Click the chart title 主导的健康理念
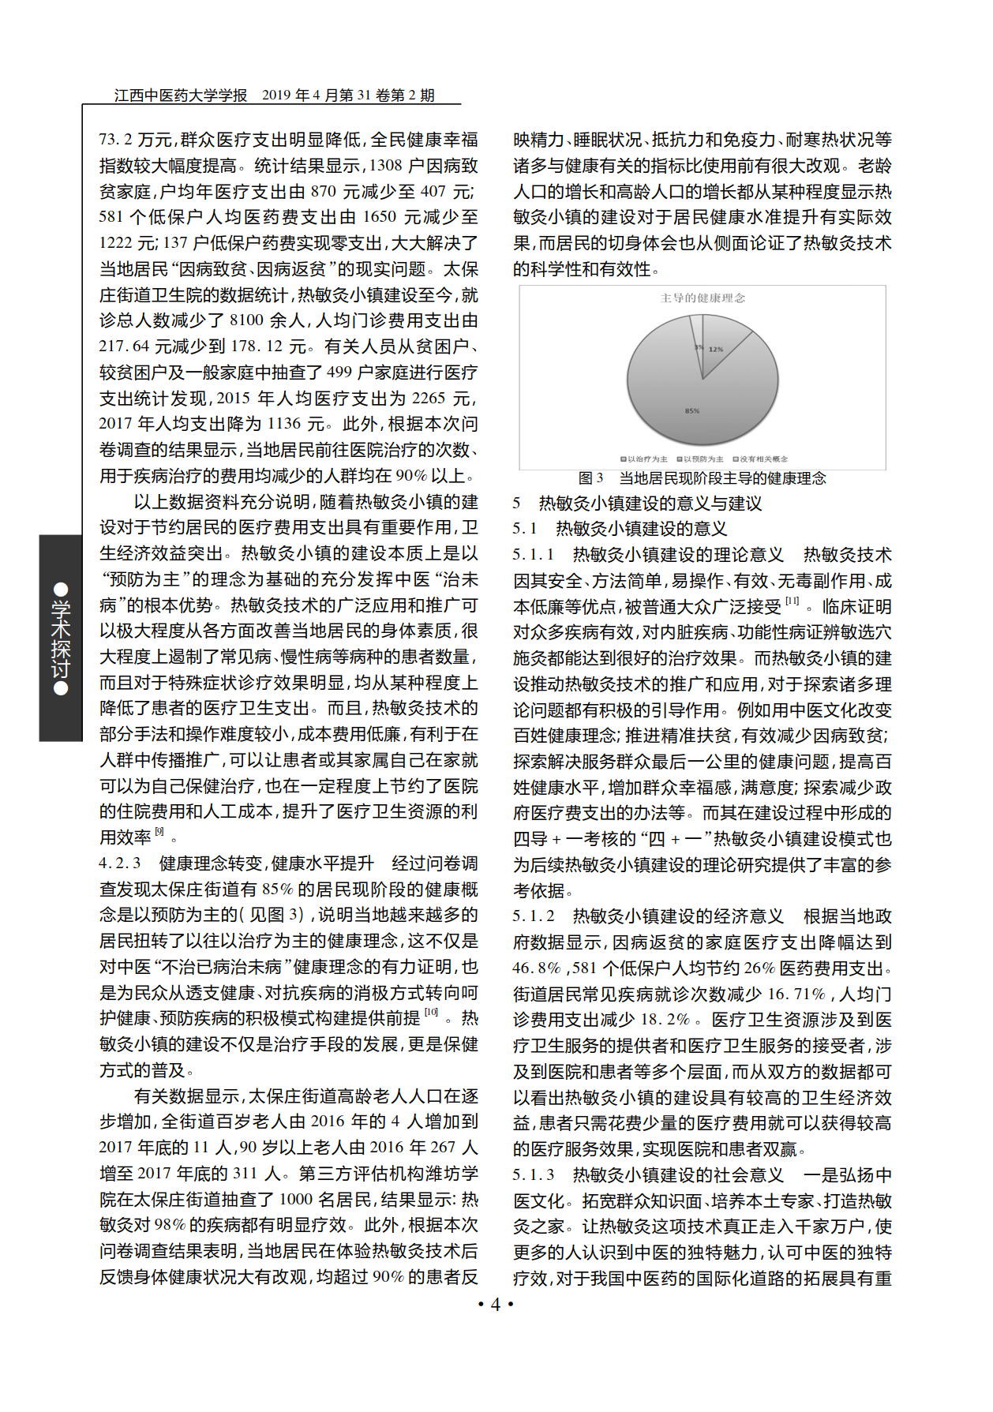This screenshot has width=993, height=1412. (x=703, y=298)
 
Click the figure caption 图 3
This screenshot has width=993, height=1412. (x=590, y=478)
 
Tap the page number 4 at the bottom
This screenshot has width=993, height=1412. (x=496, y=1304)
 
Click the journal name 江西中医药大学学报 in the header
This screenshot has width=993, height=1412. (x=181, y=96)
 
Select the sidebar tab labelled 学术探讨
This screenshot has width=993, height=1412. (x=61, y=639)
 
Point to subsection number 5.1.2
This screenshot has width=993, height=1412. (x=534, y=916)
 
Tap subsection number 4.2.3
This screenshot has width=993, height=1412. (x=120, y=863)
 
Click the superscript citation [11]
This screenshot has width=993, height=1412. (x=792, y=601)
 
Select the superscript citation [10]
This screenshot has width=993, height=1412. (x=431, y=1013)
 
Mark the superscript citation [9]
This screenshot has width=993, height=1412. (x=159, y=832)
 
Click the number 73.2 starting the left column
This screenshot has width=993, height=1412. (x=115, y=140)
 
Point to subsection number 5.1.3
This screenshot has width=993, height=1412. (x=534, y=1175)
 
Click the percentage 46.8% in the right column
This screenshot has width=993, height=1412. (x=537, y=968)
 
